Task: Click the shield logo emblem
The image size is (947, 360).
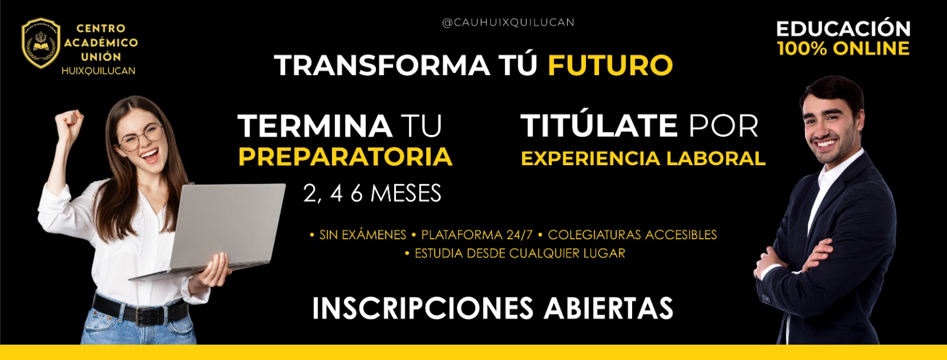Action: pos(41,43)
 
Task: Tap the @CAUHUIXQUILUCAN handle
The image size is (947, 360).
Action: pos(508,22)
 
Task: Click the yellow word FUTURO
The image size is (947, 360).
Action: pos(610,65)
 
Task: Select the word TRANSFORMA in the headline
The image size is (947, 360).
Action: pos(382,65)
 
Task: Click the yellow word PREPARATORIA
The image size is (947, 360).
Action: pos(345,157)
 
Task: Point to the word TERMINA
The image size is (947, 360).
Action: pos(315,126)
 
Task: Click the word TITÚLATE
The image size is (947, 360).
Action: pos(599,126)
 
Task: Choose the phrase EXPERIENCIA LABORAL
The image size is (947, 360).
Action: pos(643,158)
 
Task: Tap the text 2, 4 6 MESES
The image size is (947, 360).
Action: pos(372,194)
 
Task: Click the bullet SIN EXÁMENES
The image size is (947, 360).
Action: pos(362,235)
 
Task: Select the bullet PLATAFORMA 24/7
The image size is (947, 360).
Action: pos(476,235)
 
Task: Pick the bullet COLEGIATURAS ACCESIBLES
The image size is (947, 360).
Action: pos(632,235)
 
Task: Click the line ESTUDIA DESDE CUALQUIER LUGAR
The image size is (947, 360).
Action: pos(520,253)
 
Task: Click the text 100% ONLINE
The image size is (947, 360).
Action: pos(843,49)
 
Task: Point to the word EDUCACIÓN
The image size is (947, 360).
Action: pos(843,28)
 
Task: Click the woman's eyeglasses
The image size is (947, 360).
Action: pos(141,137)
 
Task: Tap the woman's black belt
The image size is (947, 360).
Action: pos(139,312)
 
